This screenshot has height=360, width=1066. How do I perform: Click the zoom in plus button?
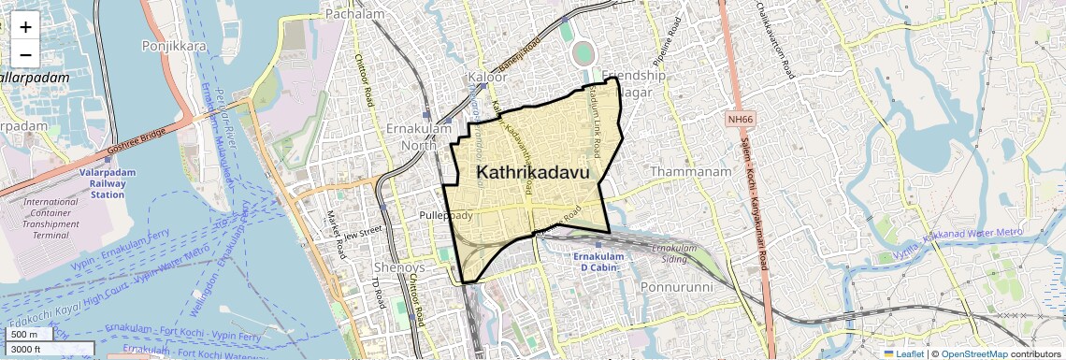tap(25, 27)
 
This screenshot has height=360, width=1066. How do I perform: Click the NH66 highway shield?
tap(741, 119)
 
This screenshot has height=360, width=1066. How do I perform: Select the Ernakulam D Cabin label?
tap(603, 263)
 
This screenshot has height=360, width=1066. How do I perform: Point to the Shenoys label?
tap(399, 267)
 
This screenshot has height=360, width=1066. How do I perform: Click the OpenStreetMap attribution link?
tap(975, 353)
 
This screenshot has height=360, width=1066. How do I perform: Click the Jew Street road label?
tap(365, 233)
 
